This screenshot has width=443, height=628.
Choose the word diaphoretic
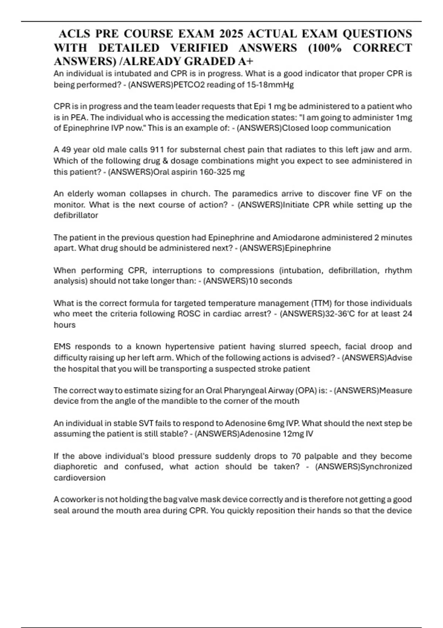click(x=76, y=467)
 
